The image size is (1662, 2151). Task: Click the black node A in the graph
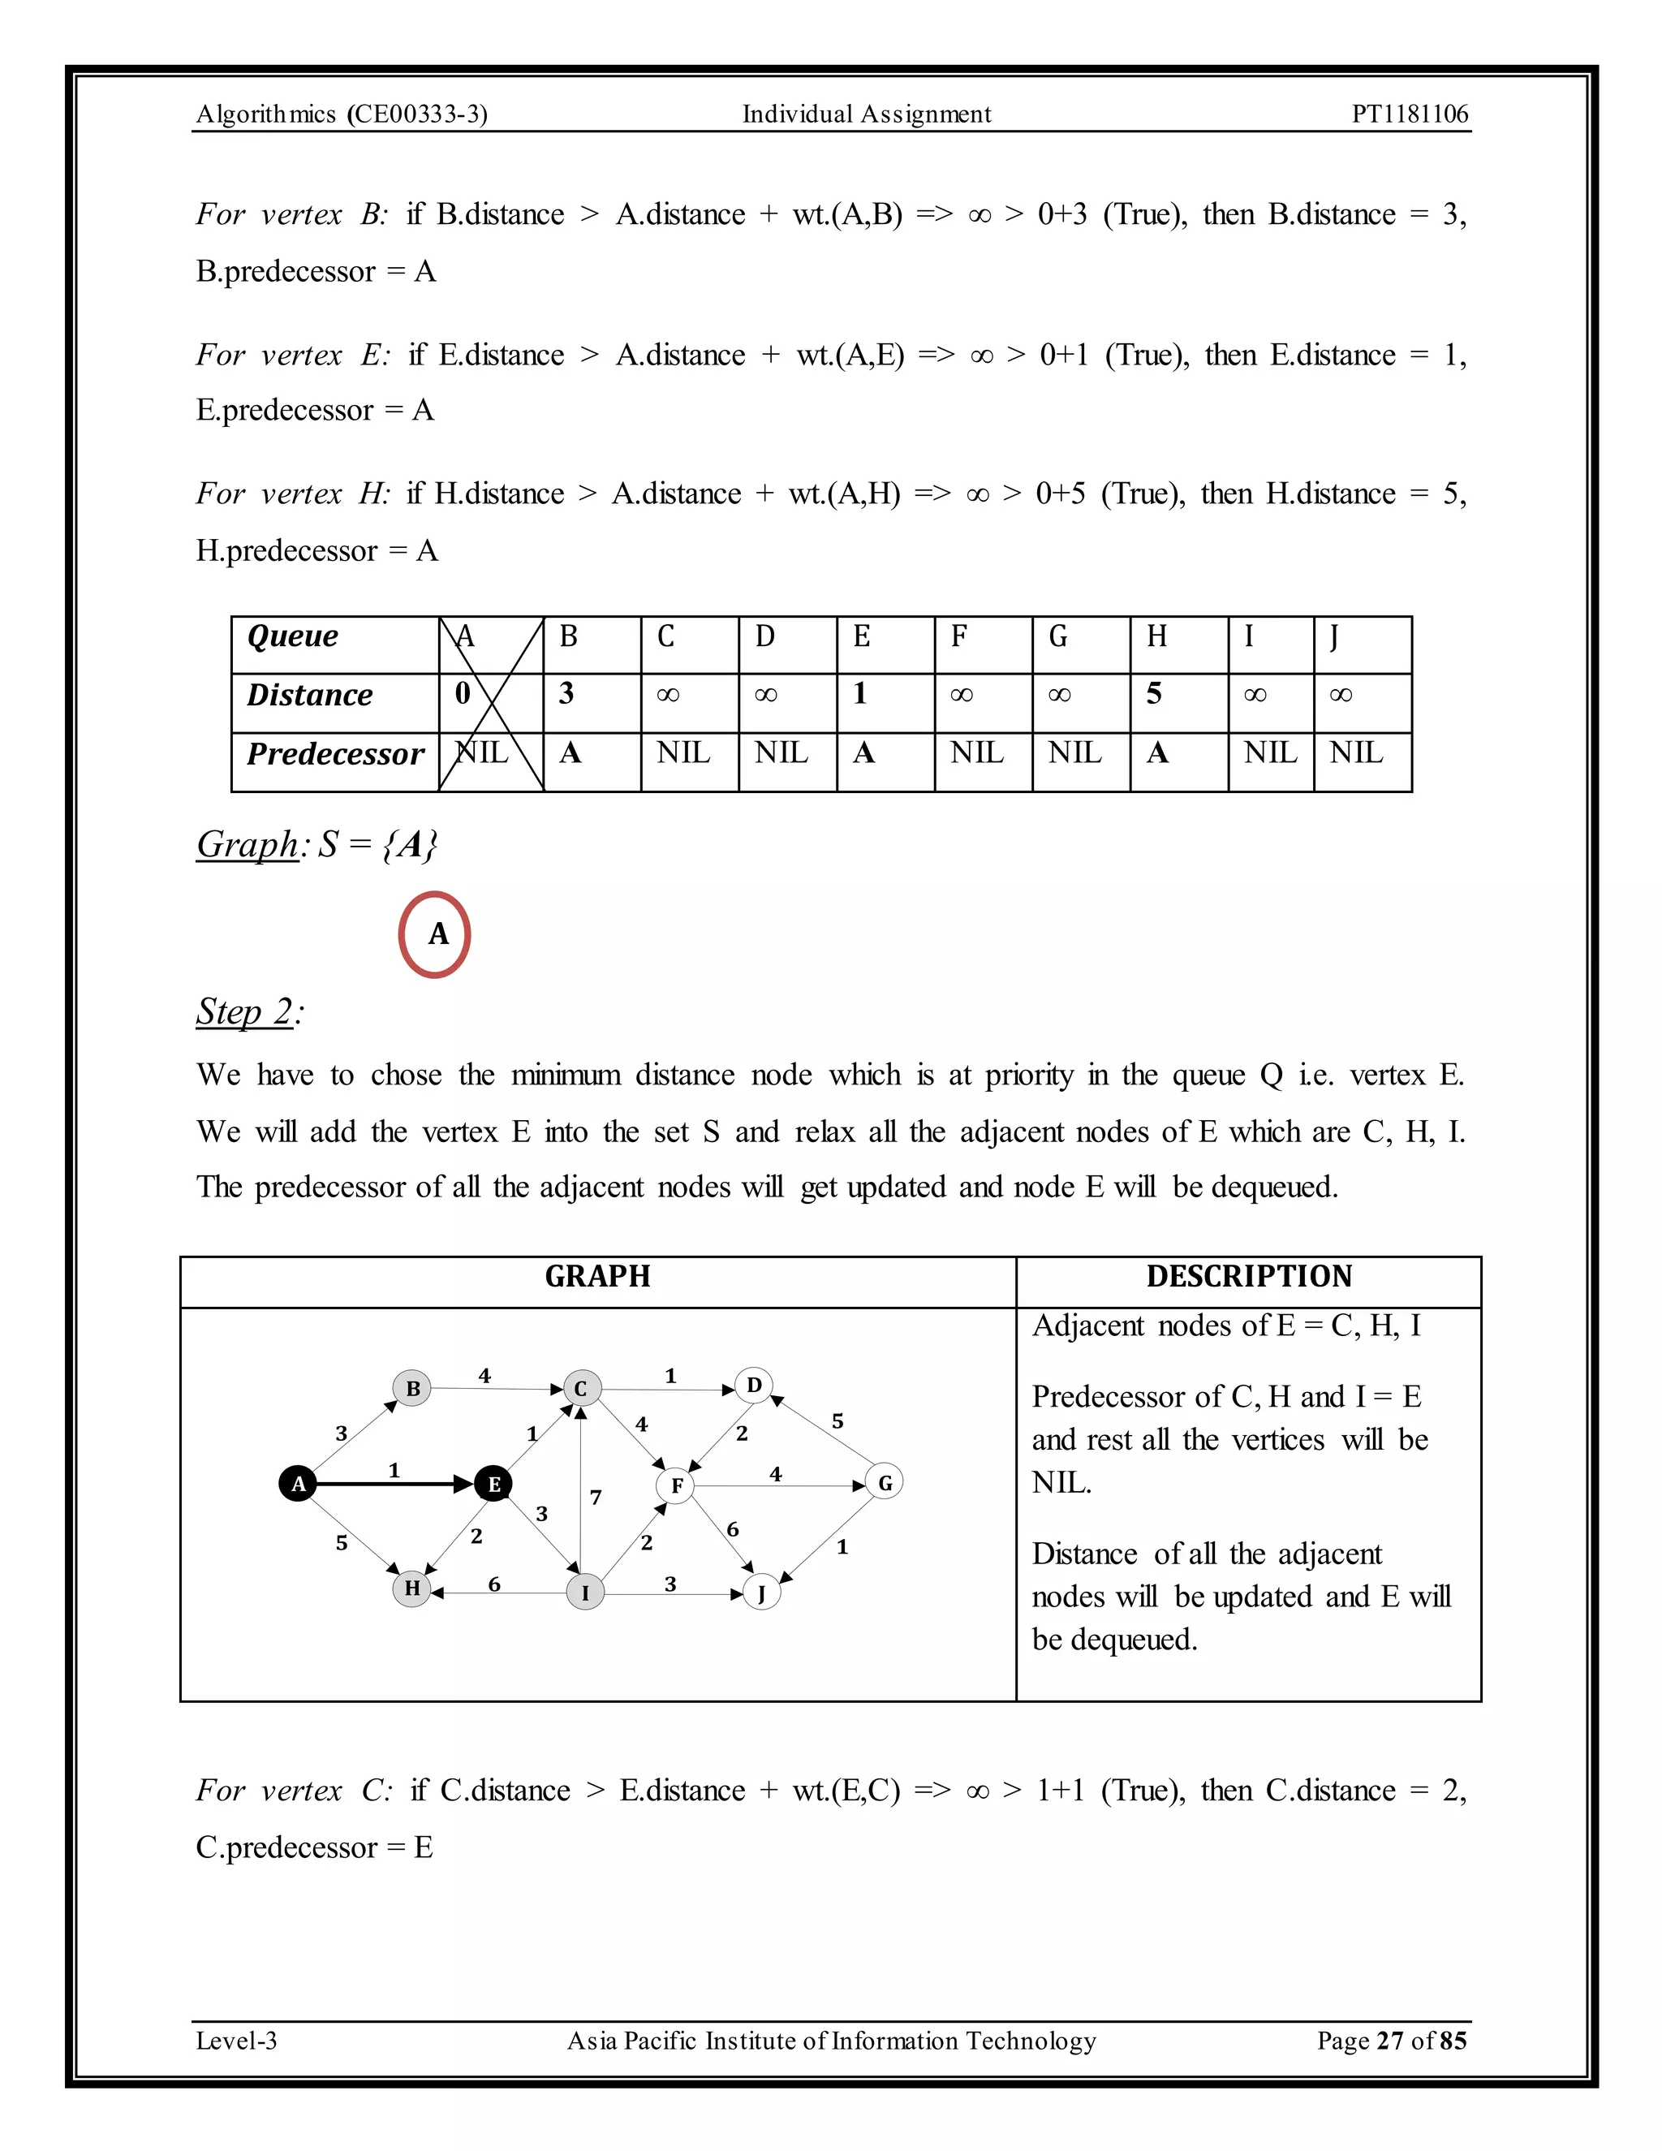coord(297,1483)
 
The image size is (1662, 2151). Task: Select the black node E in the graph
coord(493,1483)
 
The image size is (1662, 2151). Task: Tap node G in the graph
coord(885,1482)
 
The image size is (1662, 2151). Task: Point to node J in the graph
coord(761,1593)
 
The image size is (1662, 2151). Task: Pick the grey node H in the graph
coord(411,1588)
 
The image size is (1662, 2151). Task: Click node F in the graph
coord(677,1485)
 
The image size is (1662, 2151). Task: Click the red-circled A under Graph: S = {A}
coord(435,933)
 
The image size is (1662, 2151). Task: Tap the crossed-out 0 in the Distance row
coord(463,694)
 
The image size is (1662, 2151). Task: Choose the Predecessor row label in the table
coord(335,754)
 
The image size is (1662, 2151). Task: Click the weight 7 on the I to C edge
coord(596,1497)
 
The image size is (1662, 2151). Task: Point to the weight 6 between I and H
coord(494,1584)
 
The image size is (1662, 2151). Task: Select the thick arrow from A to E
coord(394,1483)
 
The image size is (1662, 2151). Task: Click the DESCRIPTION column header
coord(1248,1277)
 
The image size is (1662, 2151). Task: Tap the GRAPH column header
coord(597,1277)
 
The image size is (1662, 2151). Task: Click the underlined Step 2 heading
coord(244,1011)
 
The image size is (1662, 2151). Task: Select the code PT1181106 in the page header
coord(1409,114)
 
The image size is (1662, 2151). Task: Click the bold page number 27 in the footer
coord(1389,2040)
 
